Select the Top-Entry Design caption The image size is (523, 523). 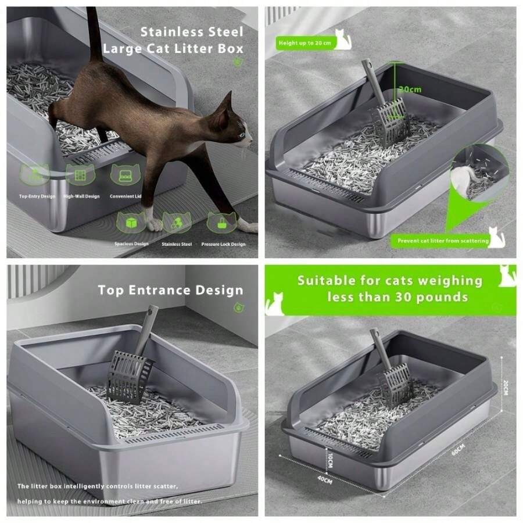tap(37, 196)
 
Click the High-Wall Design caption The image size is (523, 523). tap(81, 196)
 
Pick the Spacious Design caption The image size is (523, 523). tap(131, 244)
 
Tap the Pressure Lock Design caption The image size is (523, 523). tap(223, 244)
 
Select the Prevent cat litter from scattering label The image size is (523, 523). tap(443, 241)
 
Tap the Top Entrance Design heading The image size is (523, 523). tap(170, 290)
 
